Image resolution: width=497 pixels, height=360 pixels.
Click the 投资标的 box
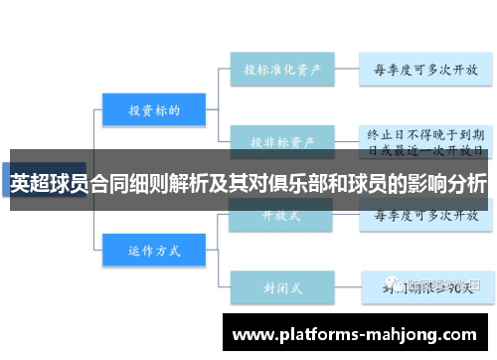[153, 110]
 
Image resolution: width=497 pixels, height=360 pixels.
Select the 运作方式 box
[153, 250]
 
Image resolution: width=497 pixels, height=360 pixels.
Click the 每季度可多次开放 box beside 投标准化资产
[425, 71]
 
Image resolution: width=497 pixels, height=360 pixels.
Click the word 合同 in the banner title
[110, 184]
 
